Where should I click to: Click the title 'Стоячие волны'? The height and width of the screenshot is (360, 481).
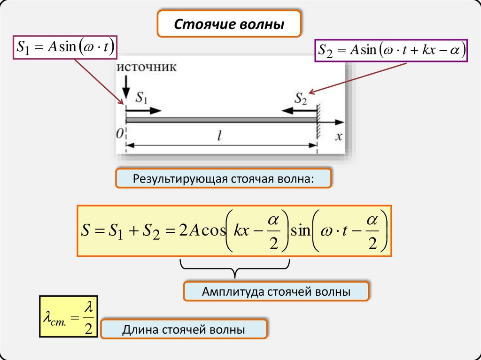pyautogui.click(x=229, y=24)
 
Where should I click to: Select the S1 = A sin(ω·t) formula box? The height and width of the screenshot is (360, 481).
pyautogui.click(x=65, y=47)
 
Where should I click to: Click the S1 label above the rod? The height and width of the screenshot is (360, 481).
pyautogui.click(x=141, y=98)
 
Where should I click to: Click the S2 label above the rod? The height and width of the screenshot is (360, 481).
pyautogui.click(x=301, y=98)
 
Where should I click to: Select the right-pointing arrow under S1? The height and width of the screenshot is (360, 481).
pyautogui.click(x=144, y=111)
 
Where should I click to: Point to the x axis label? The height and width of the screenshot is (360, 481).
pyautogui.click(x=339, y=136)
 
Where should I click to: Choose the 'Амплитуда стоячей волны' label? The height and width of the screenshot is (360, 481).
pyautogui.click(x=277, y=292)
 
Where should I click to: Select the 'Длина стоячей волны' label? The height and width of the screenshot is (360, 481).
pyautogui.click(x=184, y=329)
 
